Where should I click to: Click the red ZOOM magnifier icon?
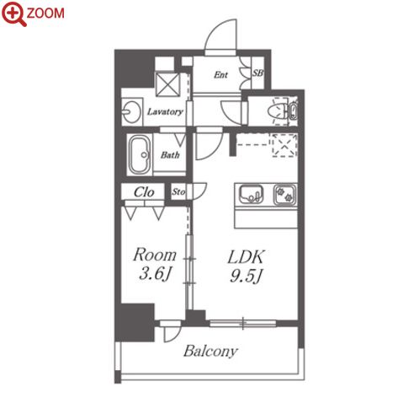click(13, 13)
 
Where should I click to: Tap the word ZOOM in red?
click(45, 13)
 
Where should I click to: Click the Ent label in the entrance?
click(220, 75)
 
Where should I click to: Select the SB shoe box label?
click(257, 73)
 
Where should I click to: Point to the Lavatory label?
click(165, 112)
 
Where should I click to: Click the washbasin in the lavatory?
click(131, 111)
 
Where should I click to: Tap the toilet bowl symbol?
click(278, 112)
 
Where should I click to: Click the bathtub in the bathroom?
click(140, 155)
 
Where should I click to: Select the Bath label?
click(170, 155)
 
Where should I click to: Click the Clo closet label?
click(144, 192)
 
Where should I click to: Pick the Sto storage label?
click(178, 192)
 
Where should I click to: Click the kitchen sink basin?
click(251, 194)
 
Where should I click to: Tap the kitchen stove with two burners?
click(285, 195)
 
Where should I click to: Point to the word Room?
click(155, 255)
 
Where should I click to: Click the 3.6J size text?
click(155, 273)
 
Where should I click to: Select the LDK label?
click(246, 257)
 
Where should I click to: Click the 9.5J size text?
click(246, 276)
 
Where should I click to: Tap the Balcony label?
click(210, 351)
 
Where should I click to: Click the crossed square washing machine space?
click(167, 84)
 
